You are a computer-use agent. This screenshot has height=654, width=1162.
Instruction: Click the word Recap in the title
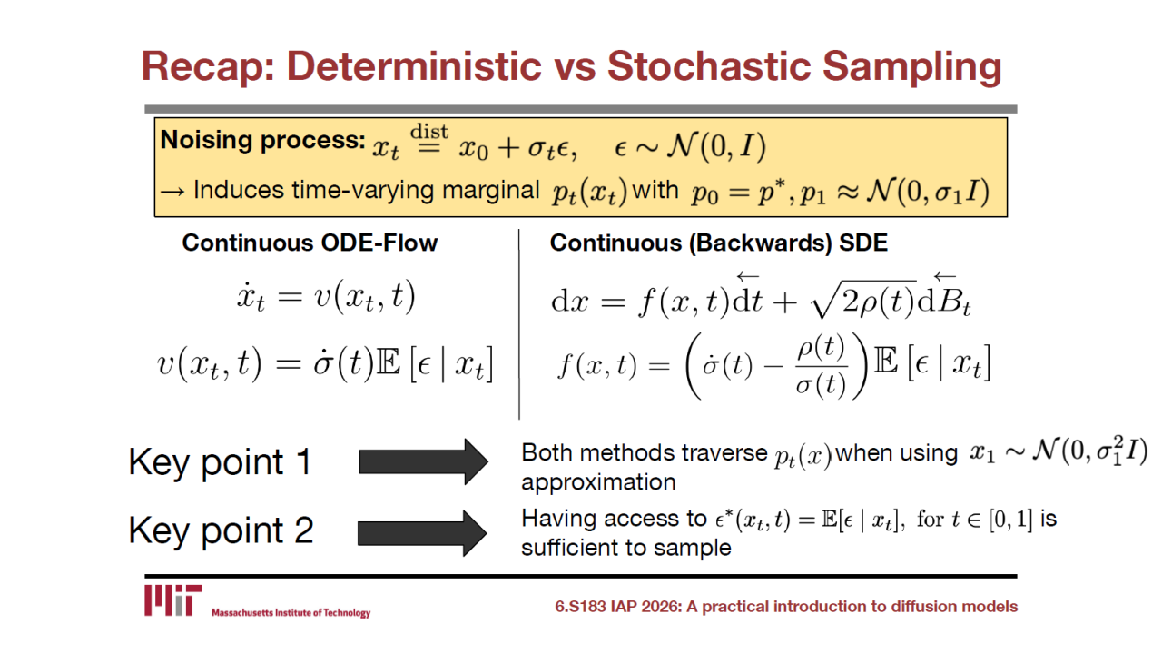(x=208, y=67)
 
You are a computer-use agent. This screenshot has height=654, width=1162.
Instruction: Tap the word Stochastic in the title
(x=708, y=66)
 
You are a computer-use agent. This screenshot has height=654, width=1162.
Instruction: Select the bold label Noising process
(x=263, y=140)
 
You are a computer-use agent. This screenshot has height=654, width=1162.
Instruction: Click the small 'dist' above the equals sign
(x=429, y=132)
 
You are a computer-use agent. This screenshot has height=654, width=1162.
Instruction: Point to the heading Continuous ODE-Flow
(x=310, y=243)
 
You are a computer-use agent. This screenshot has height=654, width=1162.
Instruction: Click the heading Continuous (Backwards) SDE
(x=718, y=243)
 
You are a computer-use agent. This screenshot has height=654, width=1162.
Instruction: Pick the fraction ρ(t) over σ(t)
(x=822, y=366)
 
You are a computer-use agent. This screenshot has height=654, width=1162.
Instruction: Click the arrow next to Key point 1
(x=423, y=461)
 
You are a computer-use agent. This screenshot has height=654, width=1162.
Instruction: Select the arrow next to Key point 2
(x=422, y=533)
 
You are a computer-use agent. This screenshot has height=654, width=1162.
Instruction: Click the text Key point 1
(x=220, y=463)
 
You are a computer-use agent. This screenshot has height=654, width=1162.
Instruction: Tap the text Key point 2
(x=221, y=531)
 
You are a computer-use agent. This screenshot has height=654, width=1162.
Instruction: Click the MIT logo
(x=172, y=600)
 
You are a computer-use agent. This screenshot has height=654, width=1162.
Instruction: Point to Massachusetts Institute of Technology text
(x=291, y=613)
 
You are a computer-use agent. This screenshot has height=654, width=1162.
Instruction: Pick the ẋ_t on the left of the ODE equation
(x=251, y=298)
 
